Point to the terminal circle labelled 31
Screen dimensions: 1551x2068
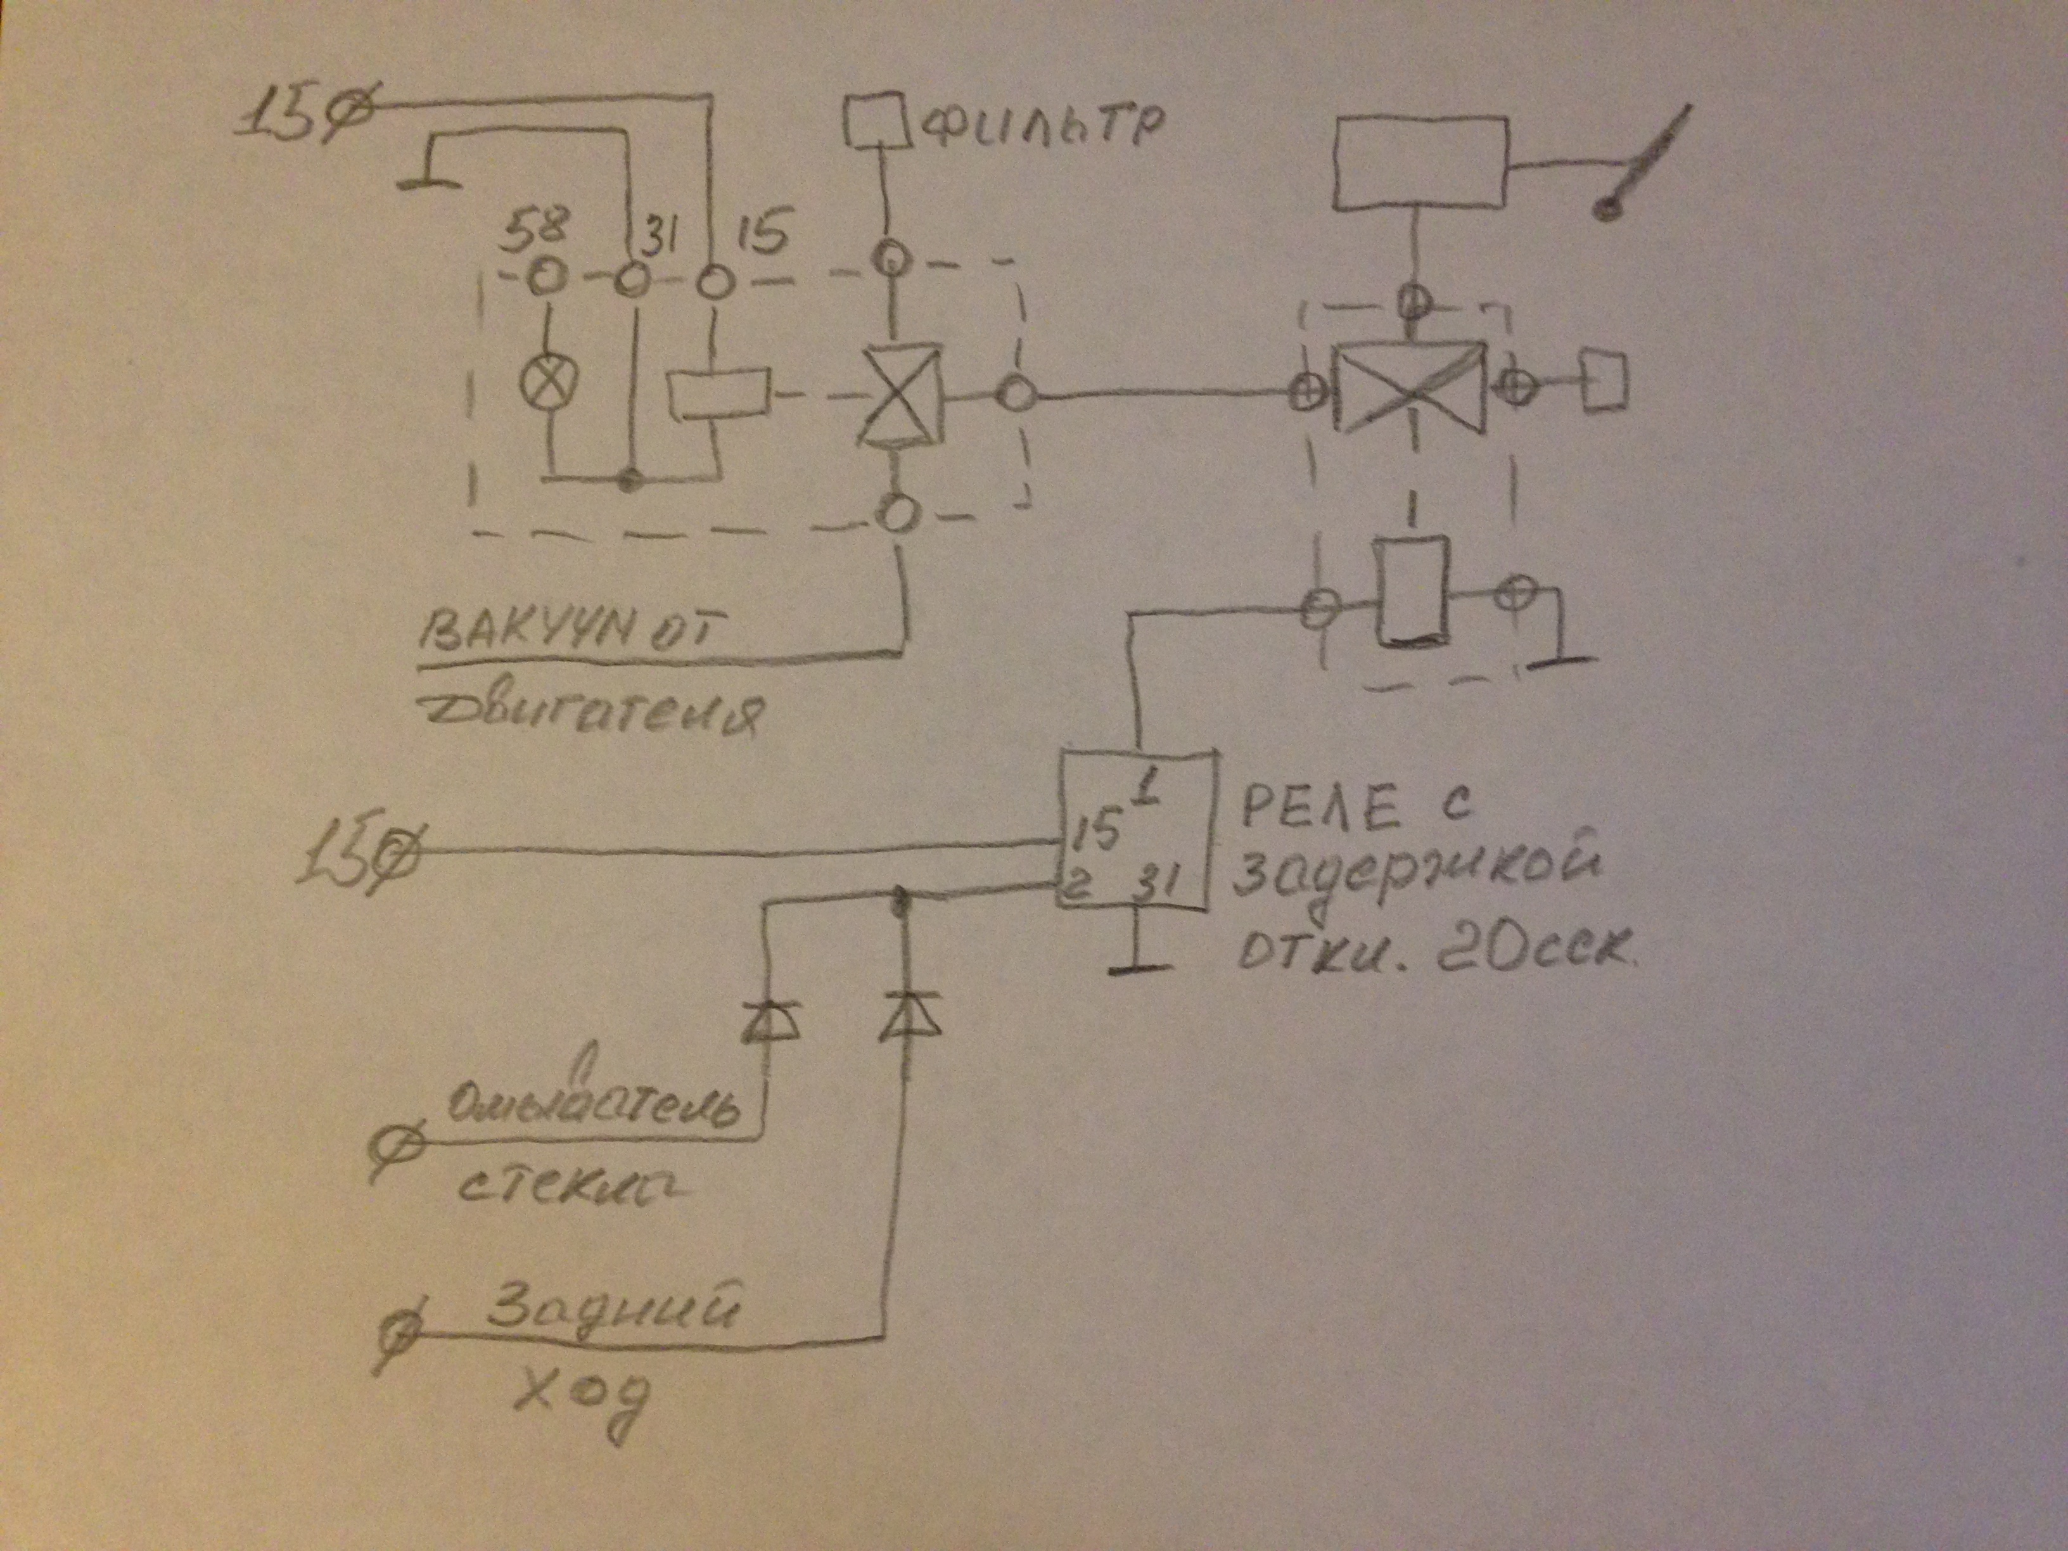[x=631, y=279]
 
